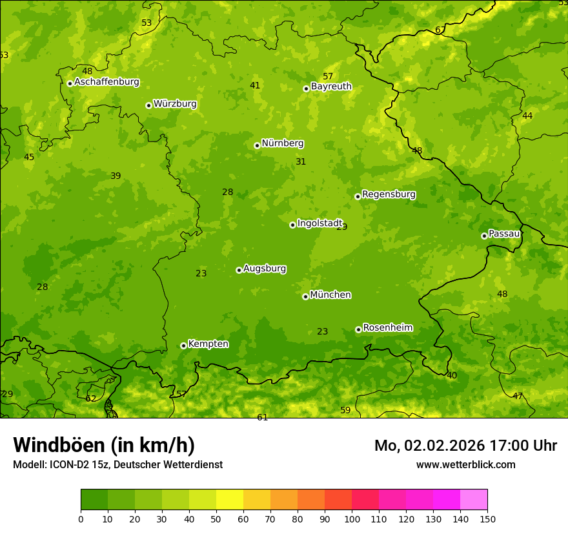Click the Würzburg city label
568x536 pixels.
pos(175,104)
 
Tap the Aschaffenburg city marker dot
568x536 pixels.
pos(70,83)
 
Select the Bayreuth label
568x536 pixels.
pos(331,87)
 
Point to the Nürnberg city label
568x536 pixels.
pos(282,143)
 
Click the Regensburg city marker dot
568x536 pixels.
pos(358,196)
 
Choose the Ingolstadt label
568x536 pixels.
pos(319,223)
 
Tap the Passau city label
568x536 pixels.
pos(504,234)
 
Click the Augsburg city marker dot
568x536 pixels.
pos(239,270)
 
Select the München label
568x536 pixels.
pos(330,295)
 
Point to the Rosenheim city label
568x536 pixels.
pos(387,328)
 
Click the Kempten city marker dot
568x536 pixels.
pos(183,345)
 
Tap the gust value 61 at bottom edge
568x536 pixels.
pos(262,417)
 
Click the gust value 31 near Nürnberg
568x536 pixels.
pos(301,161)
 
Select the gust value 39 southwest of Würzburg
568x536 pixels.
pos(116,176)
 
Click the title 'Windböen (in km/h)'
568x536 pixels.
pos(104,445)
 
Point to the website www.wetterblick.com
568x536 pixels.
pos(465,464)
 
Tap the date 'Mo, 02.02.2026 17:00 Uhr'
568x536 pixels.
pos(465,446)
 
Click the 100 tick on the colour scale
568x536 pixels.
pos(352,518)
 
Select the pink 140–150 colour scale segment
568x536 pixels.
pos(474,500)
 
